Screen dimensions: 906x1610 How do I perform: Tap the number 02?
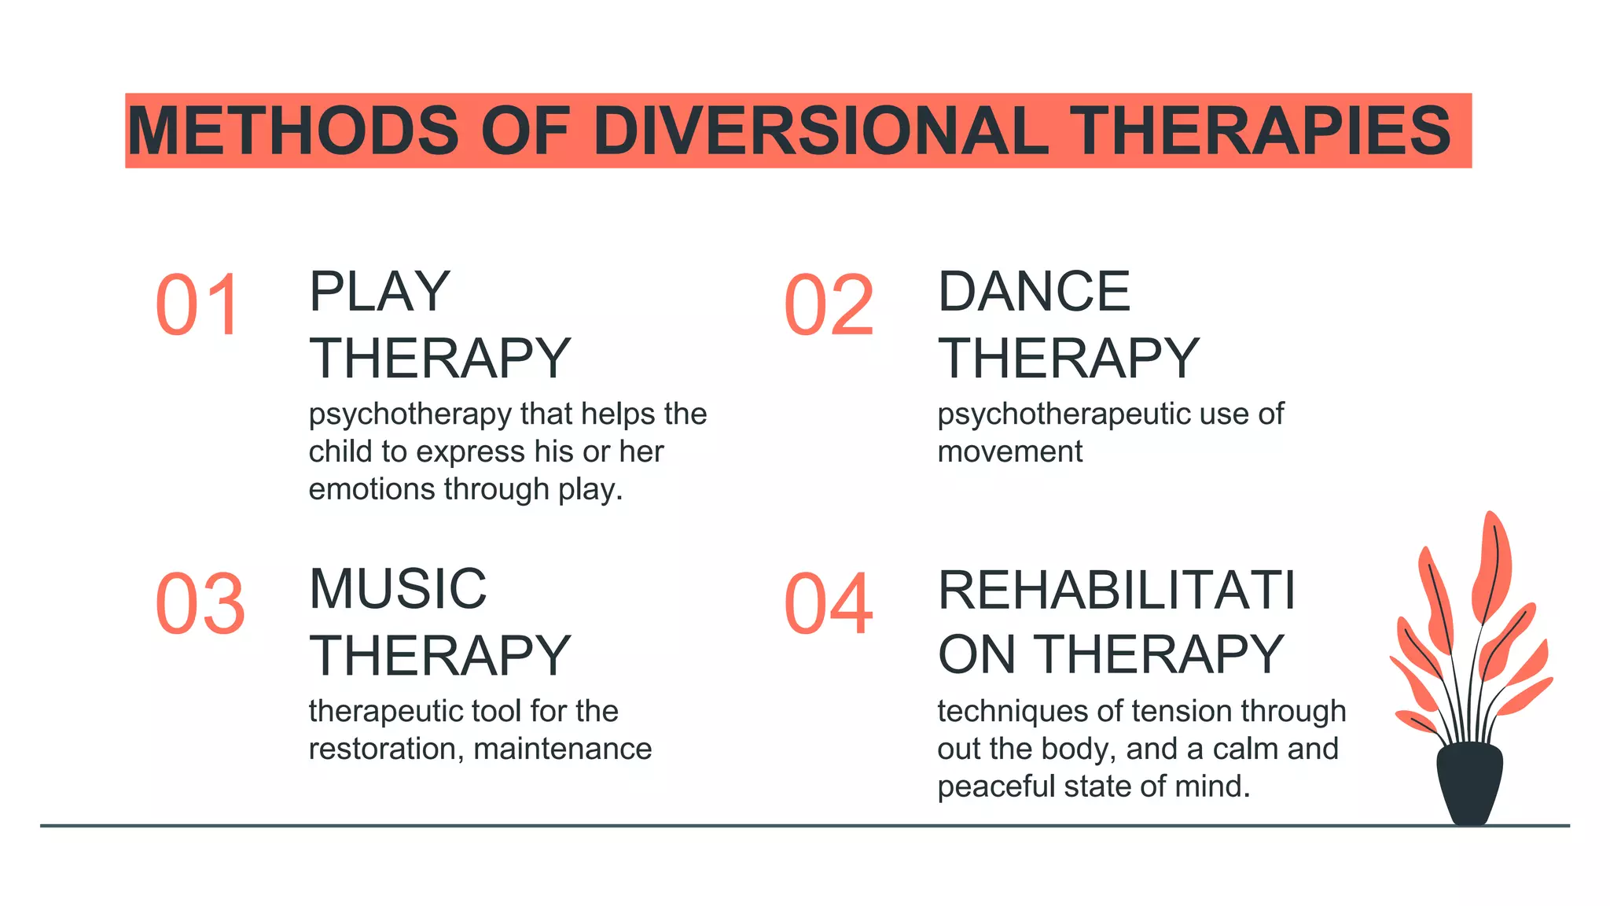[x=829, y=305]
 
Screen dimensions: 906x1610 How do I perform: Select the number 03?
[x=200, y=603]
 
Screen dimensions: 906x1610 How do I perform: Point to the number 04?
[x=829, y=603]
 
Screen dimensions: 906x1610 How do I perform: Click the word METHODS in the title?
[x=292, y=131]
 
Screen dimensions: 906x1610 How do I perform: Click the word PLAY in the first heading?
[x=380, y=292]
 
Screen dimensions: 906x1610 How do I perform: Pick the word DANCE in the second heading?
[x=1034, y=292]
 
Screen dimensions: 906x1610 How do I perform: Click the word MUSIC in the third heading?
[x=398, y=589]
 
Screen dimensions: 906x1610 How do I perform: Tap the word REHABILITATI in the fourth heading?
[x=1116, y=590]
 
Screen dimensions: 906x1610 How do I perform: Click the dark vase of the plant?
[x=1469, y=783]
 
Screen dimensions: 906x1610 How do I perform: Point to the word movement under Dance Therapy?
[x=1009, y=452]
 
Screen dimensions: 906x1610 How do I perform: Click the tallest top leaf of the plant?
[x=1491, y=562]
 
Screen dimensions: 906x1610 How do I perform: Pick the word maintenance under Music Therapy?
[x=563, y=749]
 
